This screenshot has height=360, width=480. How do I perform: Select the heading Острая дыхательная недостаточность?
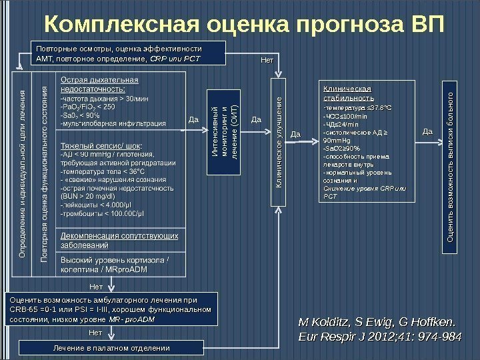click(x=100, y=86)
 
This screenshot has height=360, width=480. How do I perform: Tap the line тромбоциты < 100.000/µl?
click(x=99, y=214)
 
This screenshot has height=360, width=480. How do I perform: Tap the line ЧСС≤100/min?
click(x=340, y=115)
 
